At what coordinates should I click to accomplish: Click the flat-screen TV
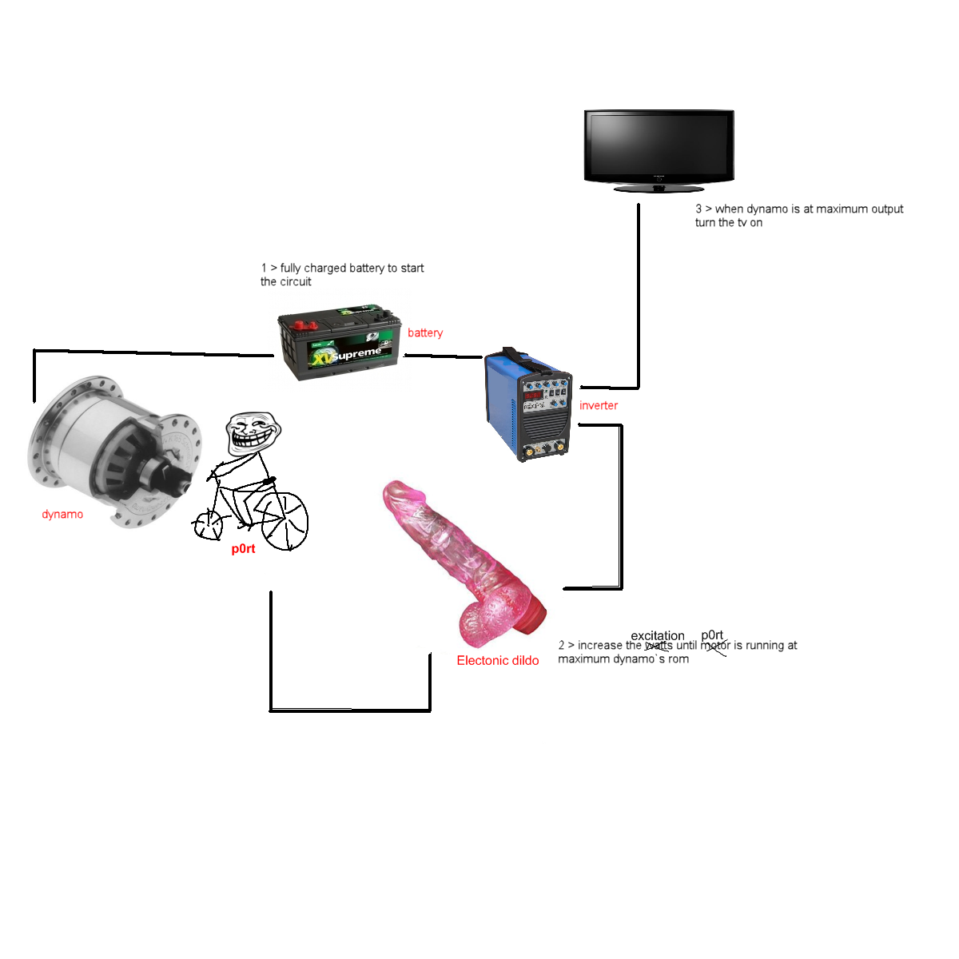(x=659, y=148)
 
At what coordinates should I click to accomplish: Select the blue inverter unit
(x=527, y=404)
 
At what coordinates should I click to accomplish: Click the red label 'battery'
(x=424, y=332)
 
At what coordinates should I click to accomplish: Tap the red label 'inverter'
(x=598, y=405)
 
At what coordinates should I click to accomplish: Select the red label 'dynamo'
(x=62, y=514)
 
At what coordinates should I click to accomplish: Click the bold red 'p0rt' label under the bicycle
(x=243, y=549)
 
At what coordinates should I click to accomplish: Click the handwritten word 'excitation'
(x=657, y=635)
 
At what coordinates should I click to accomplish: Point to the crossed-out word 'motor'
(x=715, y=646)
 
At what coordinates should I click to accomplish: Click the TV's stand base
(x=659, y=189)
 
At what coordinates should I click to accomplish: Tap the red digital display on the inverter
(x=533, y=395)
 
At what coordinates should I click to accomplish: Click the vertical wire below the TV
(x=638, y=296)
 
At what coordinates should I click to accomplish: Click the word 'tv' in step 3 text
(x=742, y=223)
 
